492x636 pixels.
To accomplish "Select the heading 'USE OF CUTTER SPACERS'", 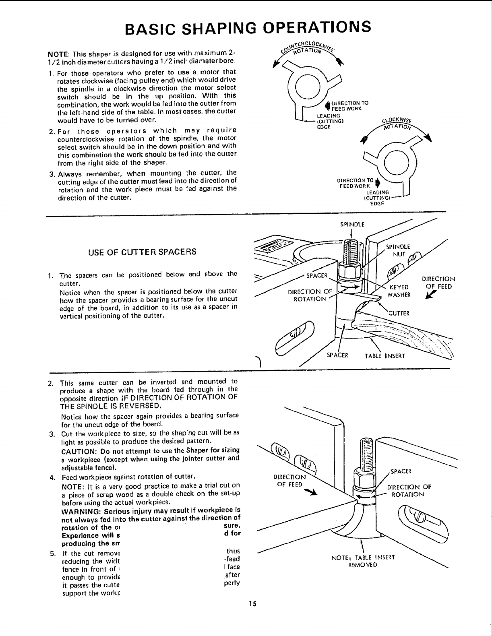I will [x=142, y=252].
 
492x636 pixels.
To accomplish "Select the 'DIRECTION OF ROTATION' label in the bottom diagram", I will [x=408, y=490].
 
